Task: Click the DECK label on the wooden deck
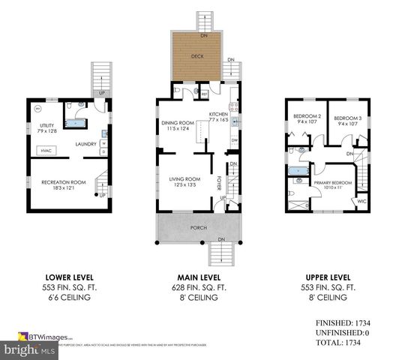(x=196, y=55)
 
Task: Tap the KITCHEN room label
(x=217, y=113)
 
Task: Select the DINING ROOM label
(x=178, y=123)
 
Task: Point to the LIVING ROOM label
(x=184, y=178)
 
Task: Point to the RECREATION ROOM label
(x=64, y=182)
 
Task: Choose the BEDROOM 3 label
(x=347, y=117)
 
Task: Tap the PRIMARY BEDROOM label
(x=328, y=181)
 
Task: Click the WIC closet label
(x=361, y=200)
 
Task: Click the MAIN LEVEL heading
(x=197, y=275)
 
